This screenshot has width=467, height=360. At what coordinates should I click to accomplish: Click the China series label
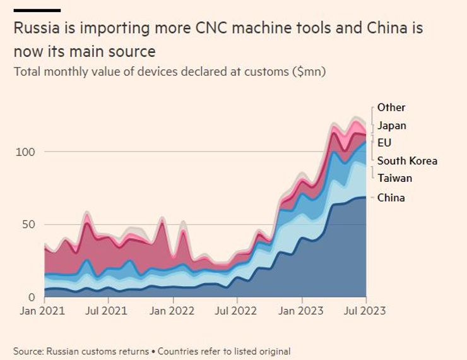[391, 198]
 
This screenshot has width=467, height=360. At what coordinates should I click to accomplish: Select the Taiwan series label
[394, 178]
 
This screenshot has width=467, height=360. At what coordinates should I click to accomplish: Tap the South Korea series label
[407, 160]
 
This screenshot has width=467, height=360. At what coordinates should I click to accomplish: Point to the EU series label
[384, 143]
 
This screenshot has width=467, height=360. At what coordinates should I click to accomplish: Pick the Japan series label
[392, 126]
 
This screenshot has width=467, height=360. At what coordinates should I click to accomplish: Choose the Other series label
[391, 107]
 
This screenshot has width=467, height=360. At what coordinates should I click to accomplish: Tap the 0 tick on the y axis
[31, 297]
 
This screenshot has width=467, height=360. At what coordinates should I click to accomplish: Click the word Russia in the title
[33, 29]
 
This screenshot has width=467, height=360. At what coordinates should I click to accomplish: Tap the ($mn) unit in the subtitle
[309, 71]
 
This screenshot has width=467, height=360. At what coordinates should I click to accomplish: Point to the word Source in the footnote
[29, 351]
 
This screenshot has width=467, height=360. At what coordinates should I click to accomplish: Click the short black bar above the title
[37, 11]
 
